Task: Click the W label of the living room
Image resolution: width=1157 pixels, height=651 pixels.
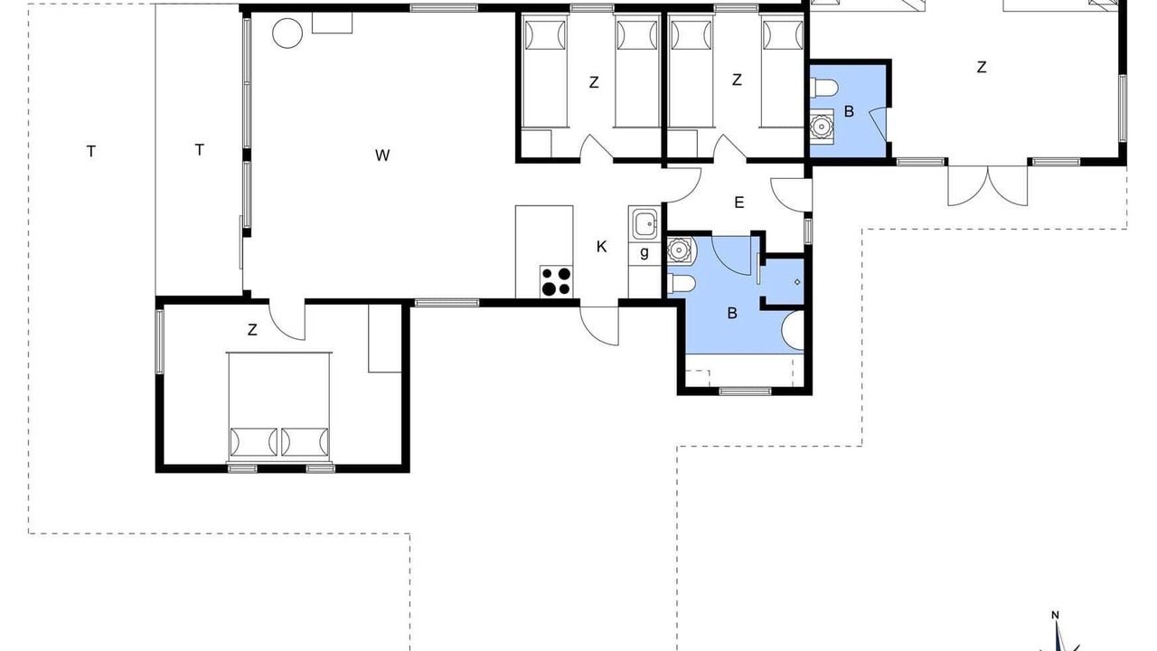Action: pos(382,155)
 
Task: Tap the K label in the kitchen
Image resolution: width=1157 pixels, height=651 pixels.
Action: pos(601,247)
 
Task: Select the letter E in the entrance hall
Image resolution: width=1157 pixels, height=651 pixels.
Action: pos(739,203)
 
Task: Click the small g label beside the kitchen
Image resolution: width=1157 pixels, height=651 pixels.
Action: pos(644,252)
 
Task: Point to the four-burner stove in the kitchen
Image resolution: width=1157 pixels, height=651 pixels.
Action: pos(556,281)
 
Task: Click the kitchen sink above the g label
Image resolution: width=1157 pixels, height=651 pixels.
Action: pos(644,223)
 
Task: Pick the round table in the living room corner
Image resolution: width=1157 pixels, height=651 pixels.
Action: pos(287,33)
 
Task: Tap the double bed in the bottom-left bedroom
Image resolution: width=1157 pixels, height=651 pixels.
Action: pos(279,407)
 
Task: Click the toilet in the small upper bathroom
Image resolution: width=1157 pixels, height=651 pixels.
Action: pos(823,88)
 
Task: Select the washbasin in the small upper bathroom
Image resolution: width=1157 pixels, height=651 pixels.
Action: pos(822,125)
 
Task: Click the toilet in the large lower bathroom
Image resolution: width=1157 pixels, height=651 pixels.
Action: pos(682,284)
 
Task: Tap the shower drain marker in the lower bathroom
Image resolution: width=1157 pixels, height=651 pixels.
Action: pos(797,282)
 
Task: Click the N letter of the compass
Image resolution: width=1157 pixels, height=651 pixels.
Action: pos(1056,616)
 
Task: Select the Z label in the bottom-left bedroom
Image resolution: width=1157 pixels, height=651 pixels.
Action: pos(252,330)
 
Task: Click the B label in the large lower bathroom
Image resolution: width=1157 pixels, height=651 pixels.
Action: pos(732,313)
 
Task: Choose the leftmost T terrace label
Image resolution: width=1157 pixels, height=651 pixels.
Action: pos(91,152)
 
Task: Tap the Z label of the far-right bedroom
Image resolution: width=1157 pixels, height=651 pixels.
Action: pos(982,67)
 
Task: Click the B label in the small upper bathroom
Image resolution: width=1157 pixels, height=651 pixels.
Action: pos(849,111)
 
